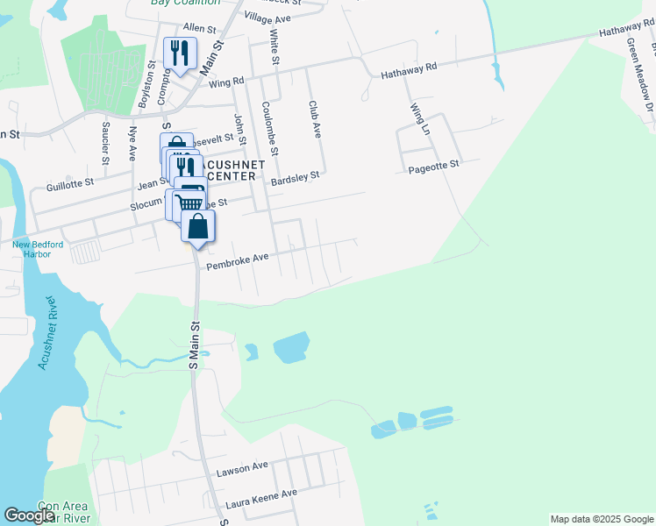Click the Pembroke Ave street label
236,262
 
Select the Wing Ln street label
422,117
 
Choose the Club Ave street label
314,118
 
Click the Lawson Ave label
247,467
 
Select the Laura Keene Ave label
261,498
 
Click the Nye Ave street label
132,143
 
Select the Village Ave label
267,18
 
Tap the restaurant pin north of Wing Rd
180,54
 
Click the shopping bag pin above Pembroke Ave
198,226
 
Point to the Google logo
29,515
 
